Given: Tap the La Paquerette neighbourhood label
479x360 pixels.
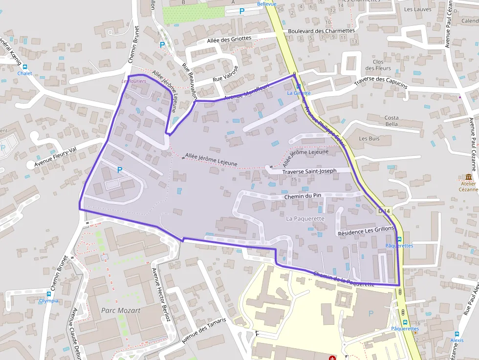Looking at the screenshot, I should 305,219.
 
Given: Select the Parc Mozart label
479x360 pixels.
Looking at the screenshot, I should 121,310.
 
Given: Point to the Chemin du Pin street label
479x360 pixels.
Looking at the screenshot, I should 303,196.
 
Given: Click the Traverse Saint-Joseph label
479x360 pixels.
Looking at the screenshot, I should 309,171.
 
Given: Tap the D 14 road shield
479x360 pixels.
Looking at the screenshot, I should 385,211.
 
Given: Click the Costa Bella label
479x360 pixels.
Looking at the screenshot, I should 391,121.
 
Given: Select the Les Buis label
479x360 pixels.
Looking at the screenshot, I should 369,139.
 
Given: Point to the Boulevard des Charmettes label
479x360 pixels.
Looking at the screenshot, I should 321,31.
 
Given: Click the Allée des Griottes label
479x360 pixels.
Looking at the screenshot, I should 229,39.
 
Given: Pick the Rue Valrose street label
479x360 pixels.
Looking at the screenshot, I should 225,75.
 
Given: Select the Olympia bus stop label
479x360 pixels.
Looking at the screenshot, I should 48,301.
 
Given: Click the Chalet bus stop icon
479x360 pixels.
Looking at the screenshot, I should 24,67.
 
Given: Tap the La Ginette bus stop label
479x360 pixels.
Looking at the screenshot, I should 299,93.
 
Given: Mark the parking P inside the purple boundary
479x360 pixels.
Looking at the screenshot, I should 119,170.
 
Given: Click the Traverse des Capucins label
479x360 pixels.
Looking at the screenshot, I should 380,81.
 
